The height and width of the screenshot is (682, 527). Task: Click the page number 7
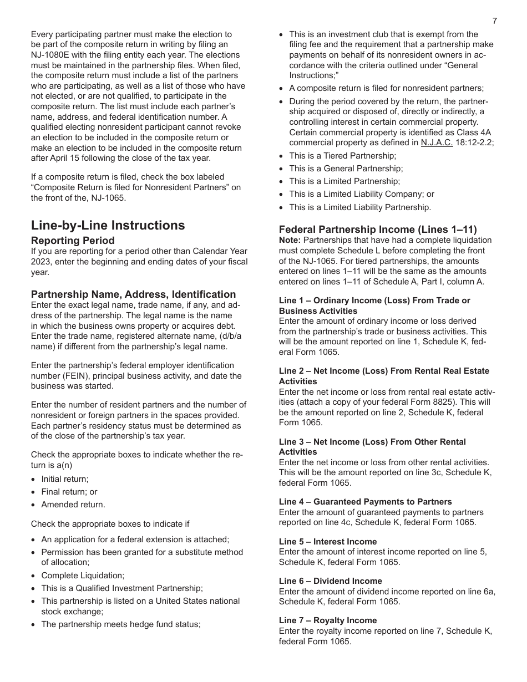(x=495, y=21)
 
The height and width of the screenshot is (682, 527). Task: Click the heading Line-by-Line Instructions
(x=108, y=225)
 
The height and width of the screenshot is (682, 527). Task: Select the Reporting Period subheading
(x=73, y=241)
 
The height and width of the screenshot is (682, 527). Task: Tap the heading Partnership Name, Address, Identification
(x=133, y=294)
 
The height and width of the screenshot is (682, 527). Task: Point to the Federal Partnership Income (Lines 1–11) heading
(x=378, y=230)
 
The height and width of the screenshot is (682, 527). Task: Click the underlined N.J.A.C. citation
(x=437, y=142)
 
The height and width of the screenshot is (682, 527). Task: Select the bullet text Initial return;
(x=65, y=479)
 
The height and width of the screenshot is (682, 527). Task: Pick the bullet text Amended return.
(x=73, y=505)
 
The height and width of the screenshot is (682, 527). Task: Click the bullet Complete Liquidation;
(x=83, y=576)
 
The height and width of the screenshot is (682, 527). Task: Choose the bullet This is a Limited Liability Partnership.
(x=359, y=207)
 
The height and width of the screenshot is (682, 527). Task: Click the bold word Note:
(x=290, y=240)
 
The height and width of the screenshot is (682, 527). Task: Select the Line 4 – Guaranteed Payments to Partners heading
(x=365, y=502)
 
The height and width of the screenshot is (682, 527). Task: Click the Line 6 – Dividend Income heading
(x=330, y=581)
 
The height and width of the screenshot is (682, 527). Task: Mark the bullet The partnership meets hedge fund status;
(x=120, y=624)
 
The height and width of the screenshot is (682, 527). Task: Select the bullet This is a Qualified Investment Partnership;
(x=122, y=588)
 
